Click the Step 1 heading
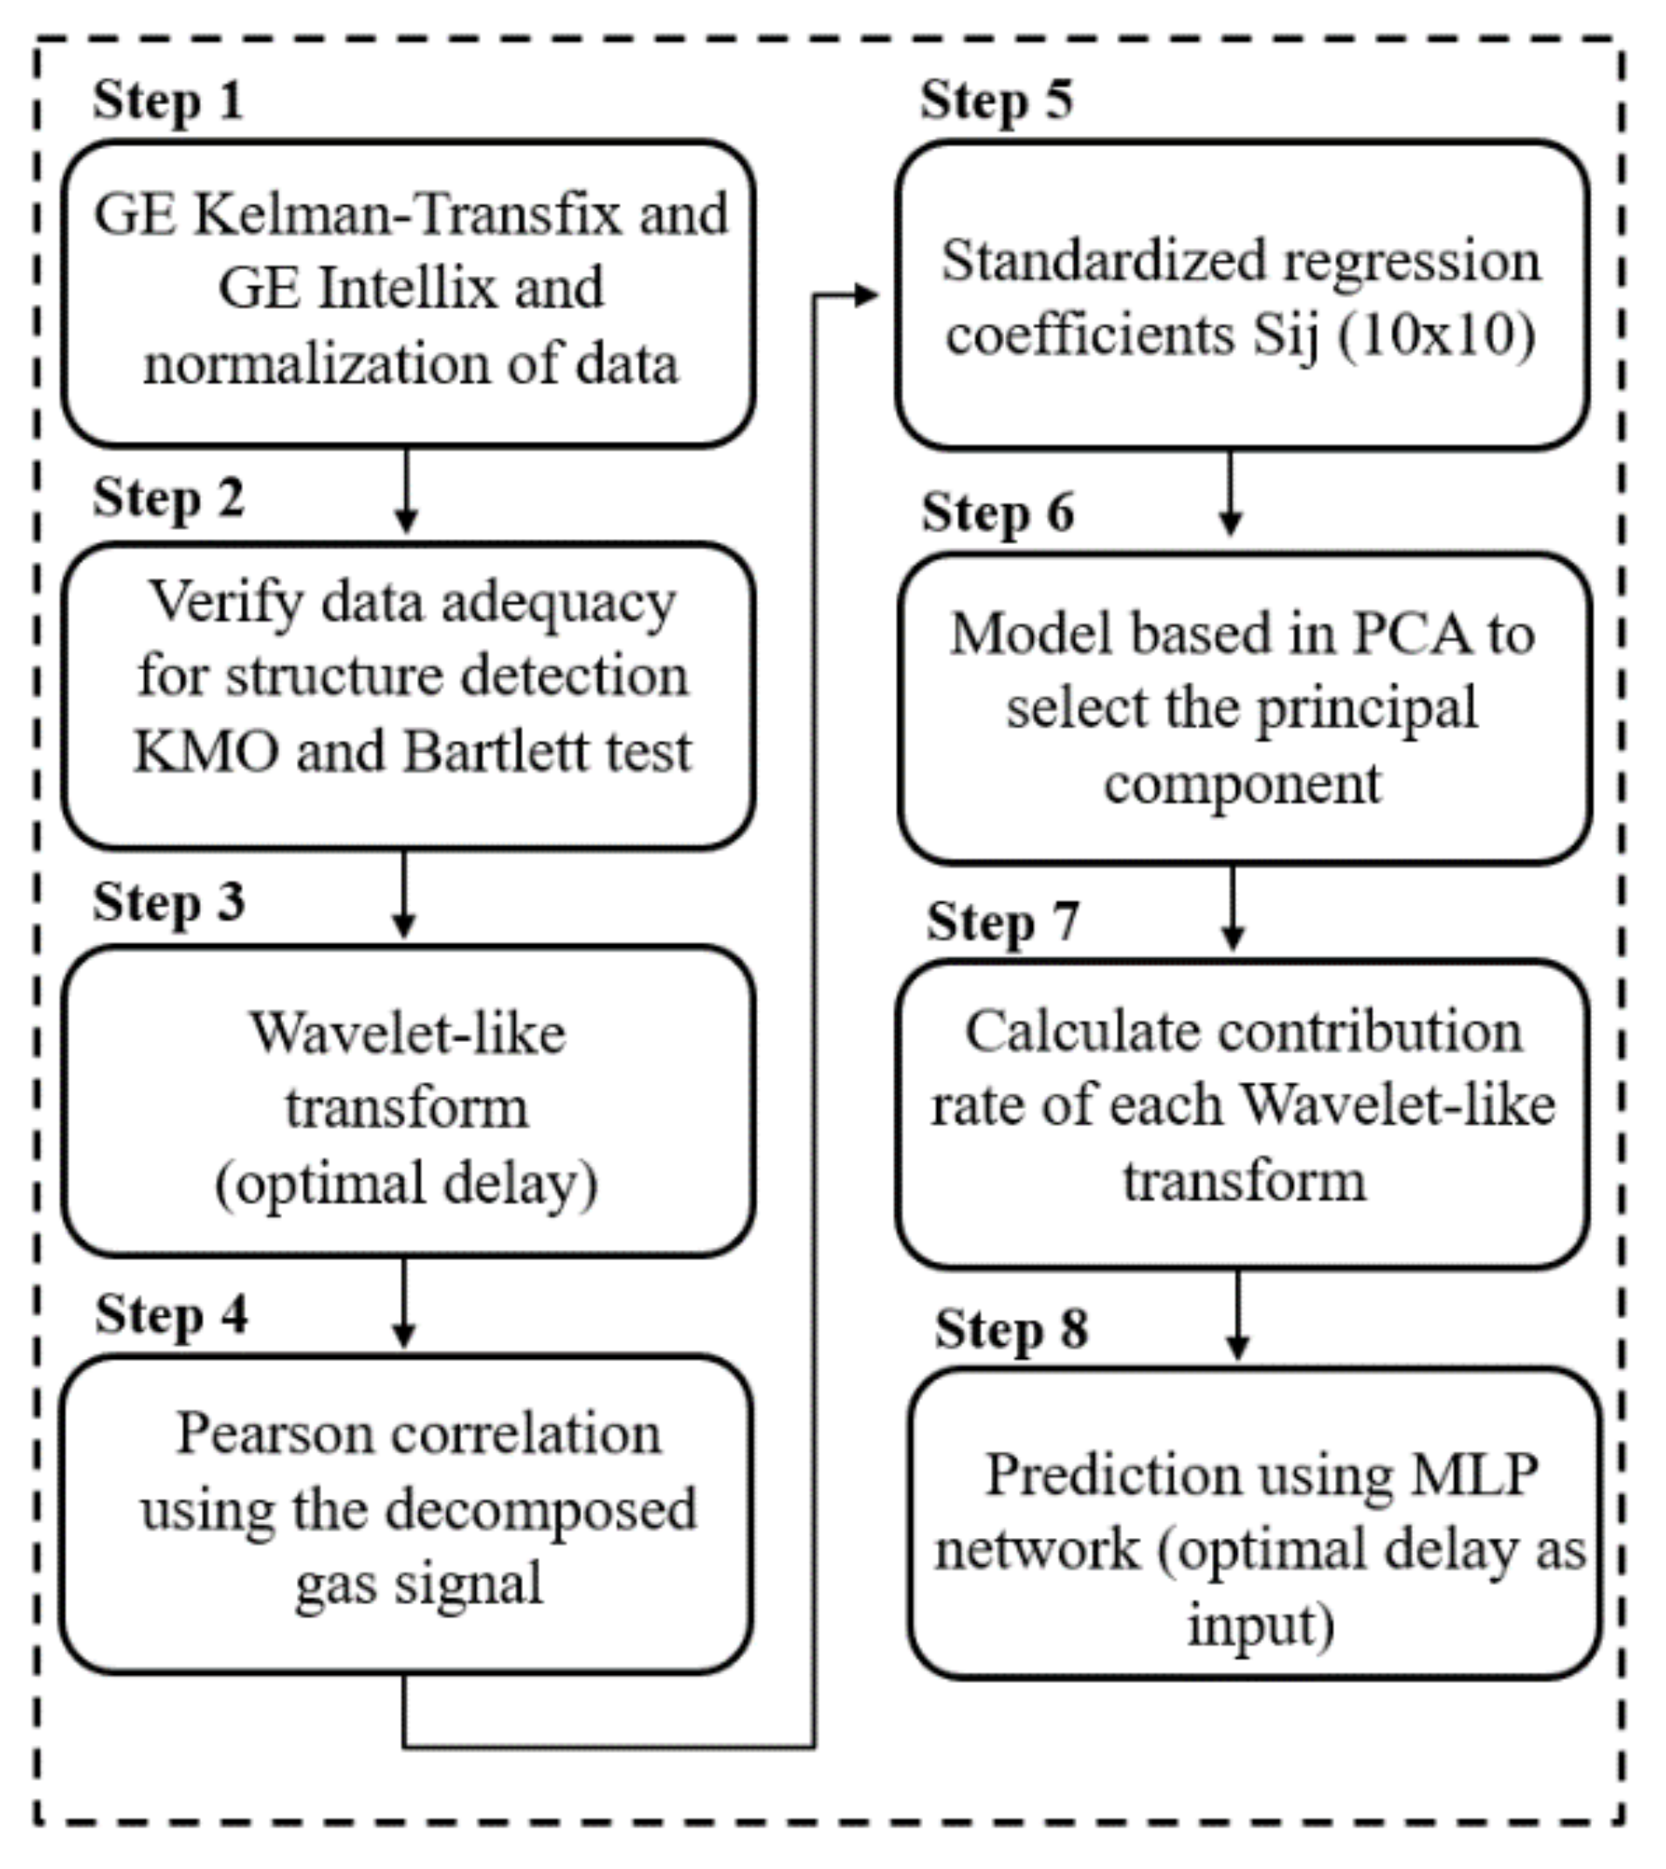point(169,100)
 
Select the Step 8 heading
point(1011,1329)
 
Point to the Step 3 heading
point(169,903)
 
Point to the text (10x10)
point(1437,335)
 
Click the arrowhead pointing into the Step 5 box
point(866,295)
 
